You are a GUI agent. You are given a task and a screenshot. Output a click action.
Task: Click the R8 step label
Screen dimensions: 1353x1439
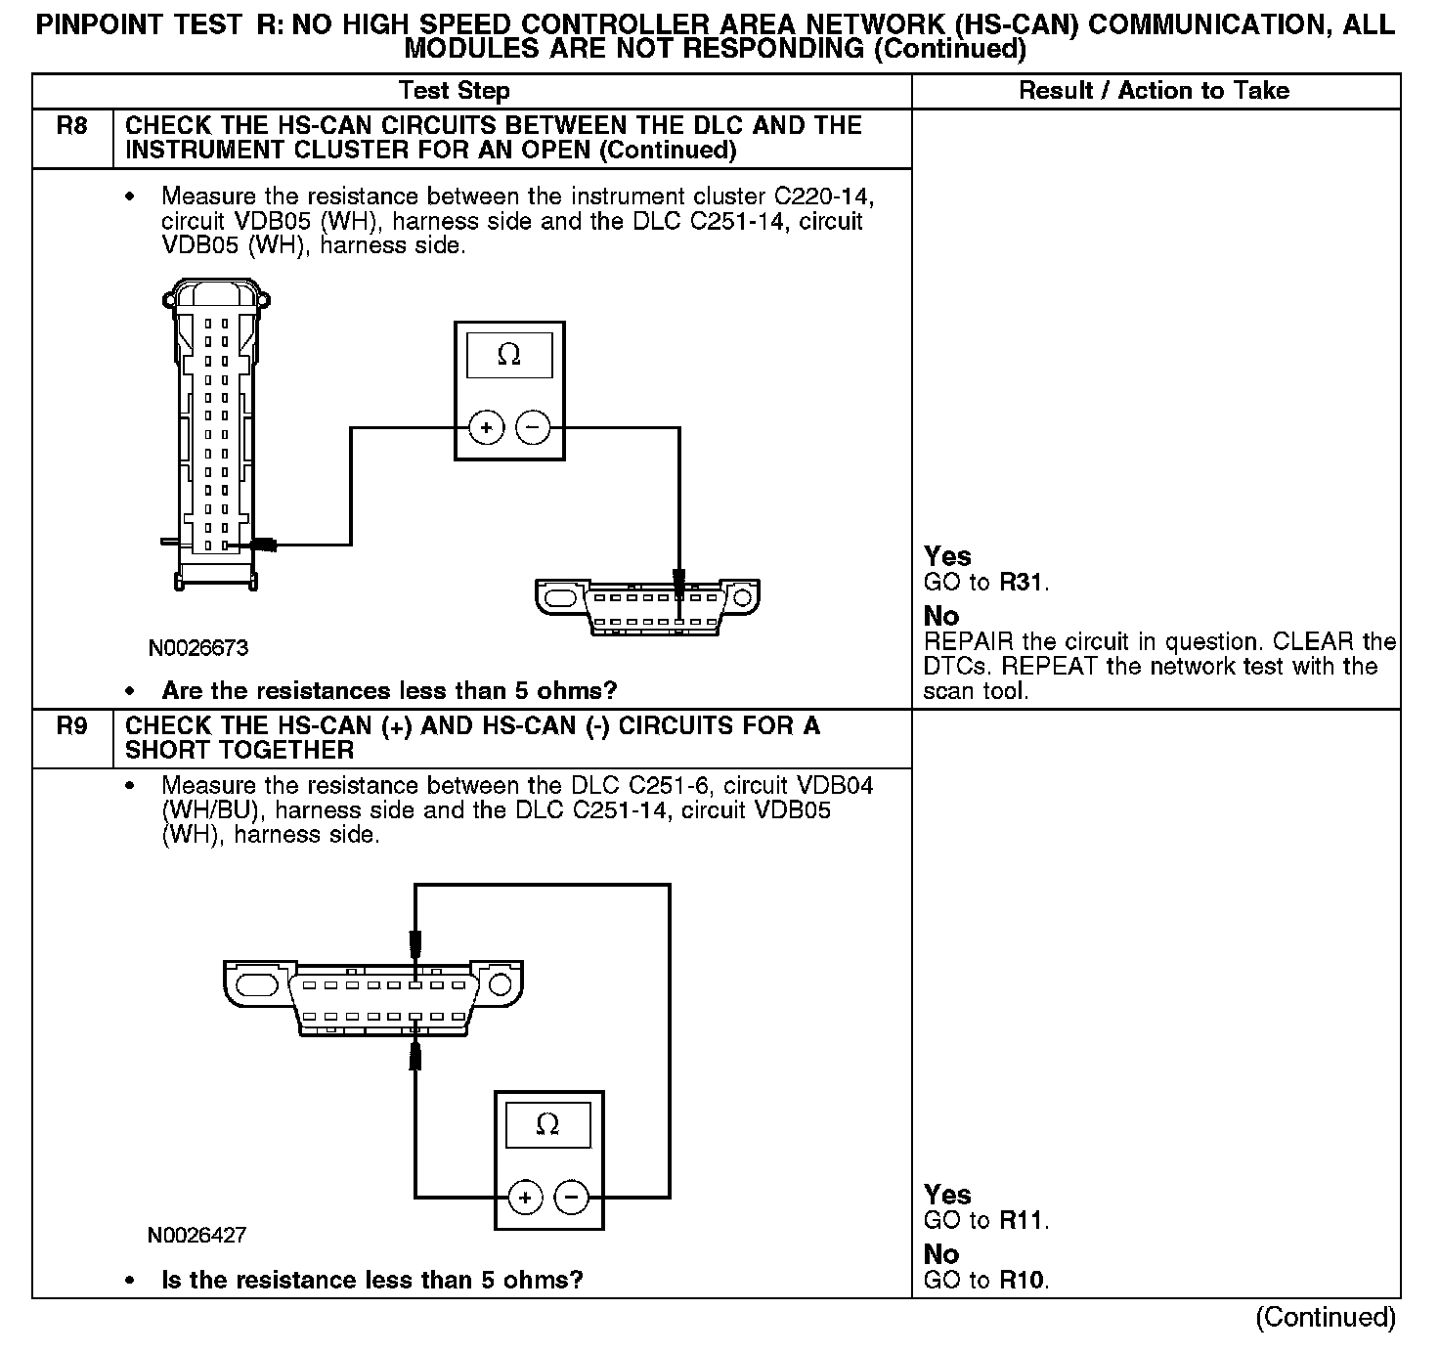71,126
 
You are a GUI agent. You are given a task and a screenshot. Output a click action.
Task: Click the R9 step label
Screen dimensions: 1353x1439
71,726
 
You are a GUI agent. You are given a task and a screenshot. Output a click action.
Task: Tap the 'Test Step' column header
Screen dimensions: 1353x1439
455,91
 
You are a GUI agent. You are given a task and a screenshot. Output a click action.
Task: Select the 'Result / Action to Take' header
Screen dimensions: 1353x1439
1154,91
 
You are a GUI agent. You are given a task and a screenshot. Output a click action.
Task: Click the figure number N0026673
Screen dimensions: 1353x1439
198,648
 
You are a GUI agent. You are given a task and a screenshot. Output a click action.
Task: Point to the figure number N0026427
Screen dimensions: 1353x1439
196,1236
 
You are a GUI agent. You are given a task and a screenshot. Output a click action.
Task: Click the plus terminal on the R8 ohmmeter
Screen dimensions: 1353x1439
486,428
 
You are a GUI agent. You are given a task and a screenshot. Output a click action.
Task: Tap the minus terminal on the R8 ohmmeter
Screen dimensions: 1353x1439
533,428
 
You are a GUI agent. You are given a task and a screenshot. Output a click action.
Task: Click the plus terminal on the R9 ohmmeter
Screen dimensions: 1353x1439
525,1198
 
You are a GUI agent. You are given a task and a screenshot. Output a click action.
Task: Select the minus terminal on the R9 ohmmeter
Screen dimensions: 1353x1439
572,1198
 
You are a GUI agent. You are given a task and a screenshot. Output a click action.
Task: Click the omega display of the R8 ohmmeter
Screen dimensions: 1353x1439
509,355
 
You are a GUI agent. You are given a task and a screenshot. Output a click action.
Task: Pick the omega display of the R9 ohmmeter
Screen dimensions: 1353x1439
548,1125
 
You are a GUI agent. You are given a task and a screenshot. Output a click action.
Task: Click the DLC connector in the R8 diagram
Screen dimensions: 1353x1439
647,607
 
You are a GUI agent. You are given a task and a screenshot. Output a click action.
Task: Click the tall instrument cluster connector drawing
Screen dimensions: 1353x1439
216,435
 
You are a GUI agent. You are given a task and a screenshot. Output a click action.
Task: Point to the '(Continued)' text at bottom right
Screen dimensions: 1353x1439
1326,1318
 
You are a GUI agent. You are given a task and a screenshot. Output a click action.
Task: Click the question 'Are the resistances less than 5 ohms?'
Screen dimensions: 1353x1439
389,691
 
